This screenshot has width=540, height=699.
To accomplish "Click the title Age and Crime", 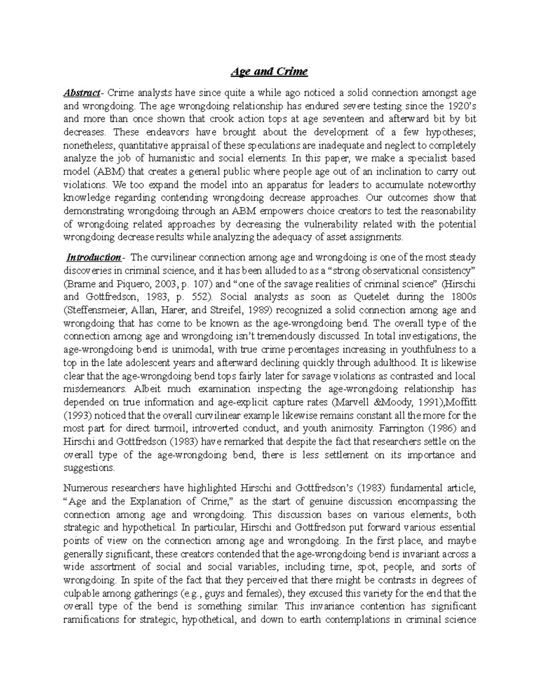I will [269, 72].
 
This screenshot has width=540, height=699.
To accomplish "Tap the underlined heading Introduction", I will [93, 257].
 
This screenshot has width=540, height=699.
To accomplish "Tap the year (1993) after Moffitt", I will [77, 415].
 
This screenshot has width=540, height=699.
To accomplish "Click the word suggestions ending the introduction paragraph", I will [89, 468].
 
